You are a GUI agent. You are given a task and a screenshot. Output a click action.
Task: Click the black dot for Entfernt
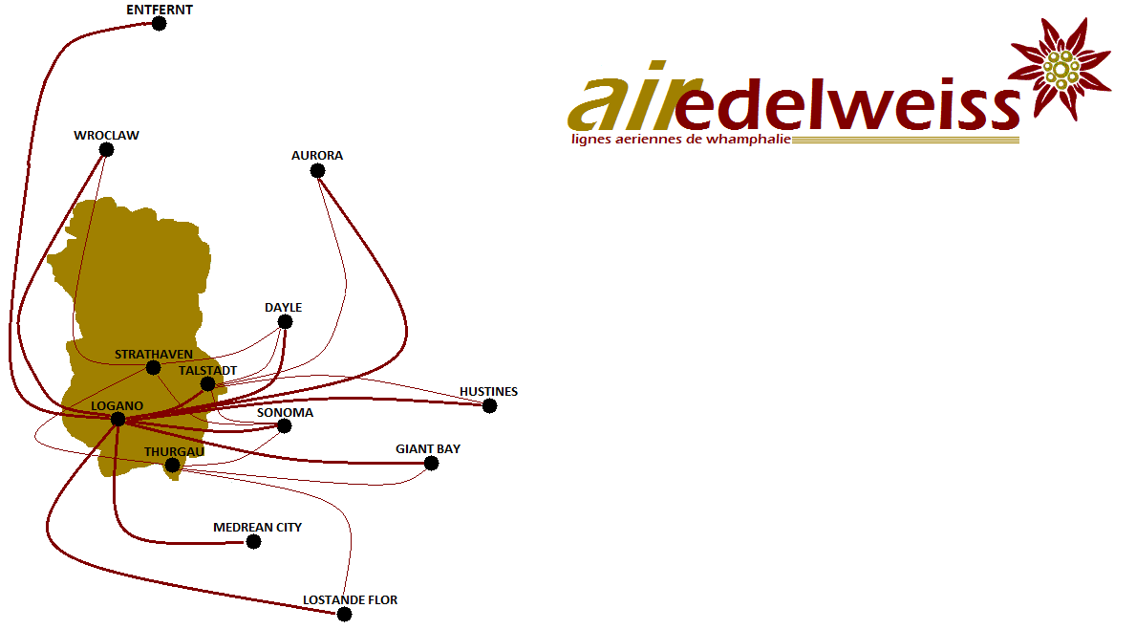pyautogui.click(x=159, y=24)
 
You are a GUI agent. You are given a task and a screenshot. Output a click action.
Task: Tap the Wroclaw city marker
pyautogui.click(x=106, y=150)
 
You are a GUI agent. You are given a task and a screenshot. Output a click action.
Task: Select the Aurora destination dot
pyautogui.click(x=317, y=171)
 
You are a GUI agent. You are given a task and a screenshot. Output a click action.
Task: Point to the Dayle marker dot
pyautogui.click(x=285, y=322)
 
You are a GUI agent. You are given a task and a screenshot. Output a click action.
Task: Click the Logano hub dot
pyautogui.click(x=118, y=420)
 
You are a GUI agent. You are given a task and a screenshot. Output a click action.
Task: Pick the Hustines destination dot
pyautogui.click(x=490, y=406)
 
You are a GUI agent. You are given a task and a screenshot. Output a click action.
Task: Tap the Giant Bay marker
pyautogui.click(x=431, y=464)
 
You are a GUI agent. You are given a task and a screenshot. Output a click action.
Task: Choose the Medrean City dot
pyautogui.click(x=253, y=541)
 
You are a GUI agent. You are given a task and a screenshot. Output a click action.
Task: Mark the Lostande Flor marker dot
pyautogui.click(x=344, y=615)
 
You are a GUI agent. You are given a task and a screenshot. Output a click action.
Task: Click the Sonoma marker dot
pyautogui.click(x=285, y=426)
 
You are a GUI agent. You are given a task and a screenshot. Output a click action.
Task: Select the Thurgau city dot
pyautogui.click(x=172, y=466)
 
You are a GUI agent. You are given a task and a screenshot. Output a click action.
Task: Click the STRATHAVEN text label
pyautogui.click(x=154, y=355)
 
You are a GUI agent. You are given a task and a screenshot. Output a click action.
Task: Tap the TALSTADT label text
pyautogui.click(x=208, y=371)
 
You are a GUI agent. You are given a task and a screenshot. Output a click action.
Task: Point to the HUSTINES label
pyautogui.click(x=488, y=392)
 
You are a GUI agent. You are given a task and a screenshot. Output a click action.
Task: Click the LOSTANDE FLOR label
pyautogui.click(x=350, y=600)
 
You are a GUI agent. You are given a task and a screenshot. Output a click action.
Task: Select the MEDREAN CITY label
pyautogui.click(x=257, y=528)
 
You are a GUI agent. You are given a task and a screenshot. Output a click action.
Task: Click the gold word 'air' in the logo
pyautogui.click(x=623, y=98)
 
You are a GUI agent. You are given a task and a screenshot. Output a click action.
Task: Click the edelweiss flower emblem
pyautogui.click(x=1060, y=69)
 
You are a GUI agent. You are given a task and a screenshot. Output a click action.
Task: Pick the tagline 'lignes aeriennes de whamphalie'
pyautogui.click(x=681, y=140)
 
